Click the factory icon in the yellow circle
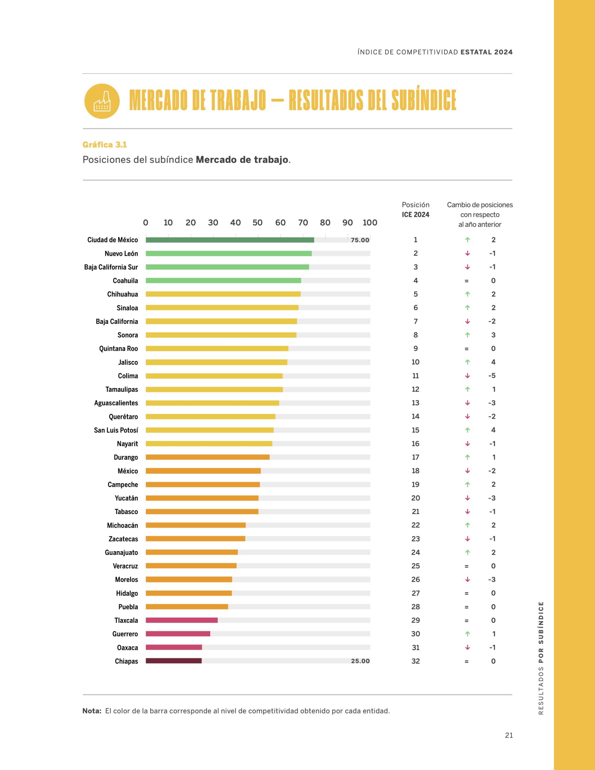[102, 102]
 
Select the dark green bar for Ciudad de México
[230, 240]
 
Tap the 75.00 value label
[360, 240]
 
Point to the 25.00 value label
[360, 661]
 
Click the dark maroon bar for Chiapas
[174, 661]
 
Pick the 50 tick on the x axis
[257, 223]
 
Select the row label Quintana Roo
[119, 349]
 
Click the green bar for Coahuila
[223, 281]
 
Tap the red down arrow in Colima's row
[467, 376]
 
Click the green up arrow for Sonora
[467, 335]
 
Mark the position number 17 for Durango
[415, 457]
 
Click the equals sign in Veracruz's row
[467, 566]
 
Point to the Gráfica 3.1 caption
[105, 145]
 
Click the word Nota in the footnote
[92, 711]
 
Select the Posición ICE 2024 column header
[415, 210]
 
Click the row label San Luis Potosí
[116, 430]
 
